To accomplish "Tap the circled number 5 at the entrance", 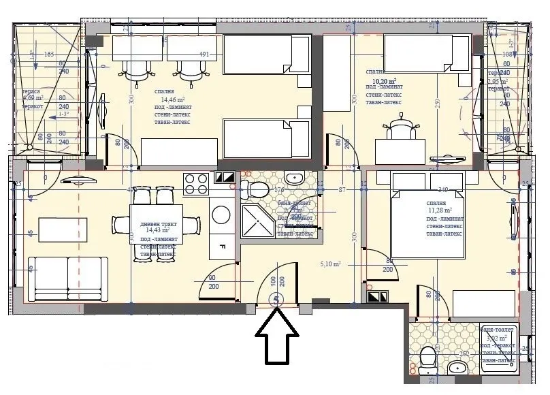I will [x=277, y=299].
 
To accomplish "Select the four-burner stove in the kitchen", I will [x=197, y=184].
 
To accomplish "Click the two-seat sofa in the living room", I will [x=67, y=274].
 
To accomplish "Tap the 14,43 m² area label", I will [x=156, y=231].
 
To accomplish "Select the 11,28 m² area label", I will [x=436, y=210].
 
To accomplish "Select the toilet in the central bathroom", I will [x=259, y=188].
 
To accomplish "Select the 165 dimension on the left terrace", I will [x=49, y=54].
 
